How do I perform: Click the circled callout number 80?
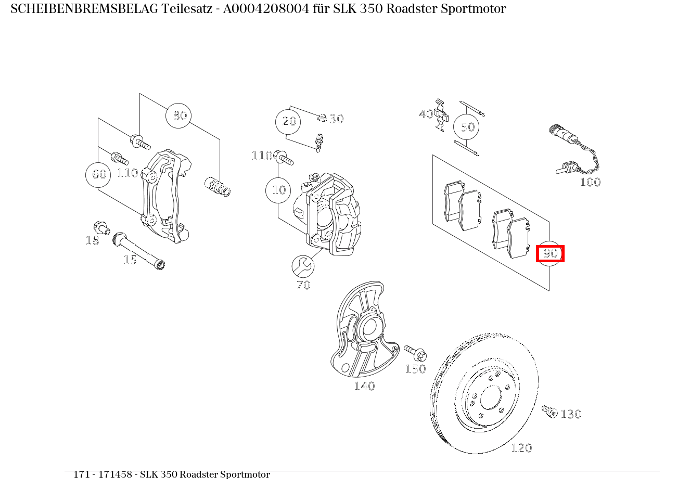point(179,115)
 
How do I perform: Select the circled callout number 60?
point(99,174)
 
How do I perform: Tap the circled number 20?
point(289,122)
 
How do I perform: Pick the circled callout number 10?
point(279,190)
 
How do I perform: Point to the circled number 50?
point(467,127)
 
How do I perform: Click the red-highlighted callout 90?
point(550,254)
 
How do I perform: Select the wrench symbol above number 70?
point(303,267)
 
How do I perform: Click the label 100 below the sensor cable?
point(590,182)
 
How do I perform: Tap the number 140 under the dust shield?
point(364,386)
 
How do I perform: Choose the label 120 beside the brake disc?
point(521,448)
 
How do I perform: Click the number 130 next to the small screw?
point(571,415)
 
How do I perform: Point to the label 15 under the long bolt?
point(130,260)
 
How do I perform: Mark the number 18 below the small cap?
point(92,240)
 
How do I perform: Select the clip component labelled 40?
point(440,114)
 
